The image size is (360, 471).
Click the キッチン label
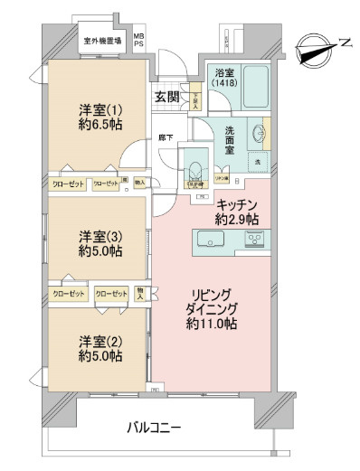coord(238,204)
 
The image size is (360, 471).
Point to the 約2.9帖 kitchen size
coord(238,219)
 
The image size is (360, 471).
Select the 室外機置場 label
coord(103,40)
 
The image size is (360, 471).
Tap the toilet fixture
coord(194,169)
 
